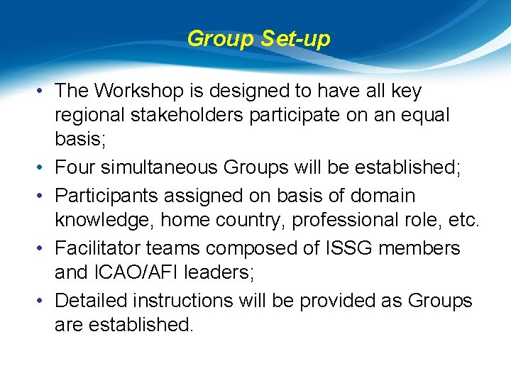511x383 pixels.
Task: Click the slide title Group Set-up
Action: point(258,39)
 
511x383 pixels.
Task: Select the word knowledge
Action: point(104,221)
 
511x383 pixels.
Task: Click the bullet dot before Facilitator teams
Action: point(43,248)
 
